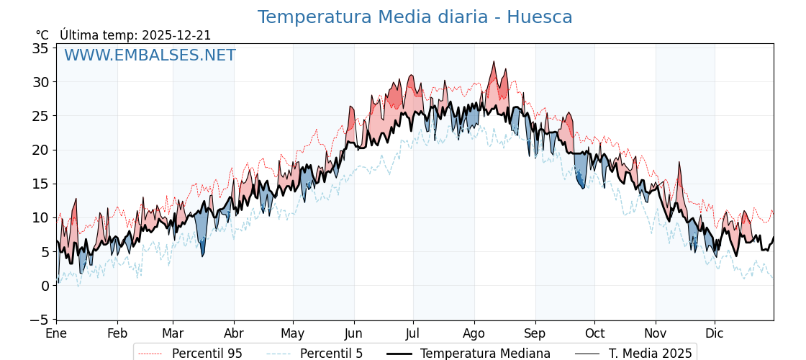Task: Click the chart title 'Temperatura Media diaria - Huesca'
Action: (x=415, y=17)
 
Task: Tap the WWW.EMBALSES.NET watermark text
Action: (x=150, y=55)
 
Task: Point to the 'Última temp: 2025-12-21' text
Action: (x=135, y=35)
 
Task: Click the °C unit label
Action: (x=42, y=35)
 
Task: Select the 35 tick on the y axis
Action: (x=40, y=48)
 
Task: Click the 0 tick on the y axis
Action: (x=45, y=286)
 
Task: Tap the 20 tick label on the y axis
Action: (x=40, y=150)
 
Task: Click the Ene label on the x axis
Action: (x=56, y=333)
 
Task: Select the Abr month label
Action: (x=234, y=333)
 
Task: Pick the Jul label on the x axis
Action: (x=413, y=333)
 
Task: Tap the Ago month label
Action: (x=474, y=333)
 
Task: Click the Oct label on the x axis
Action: (x=595, y=333)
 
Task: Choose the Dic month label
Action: (x=715, y=333)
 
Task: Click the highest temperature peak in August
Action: (x=494, y=62)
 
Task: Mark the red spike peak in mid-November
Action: (x=679, y=163)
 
